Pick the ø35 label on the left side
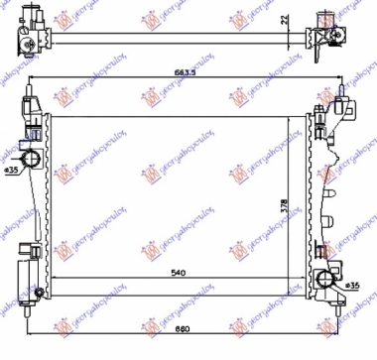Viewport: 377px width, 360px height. (x=12, y=170)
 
